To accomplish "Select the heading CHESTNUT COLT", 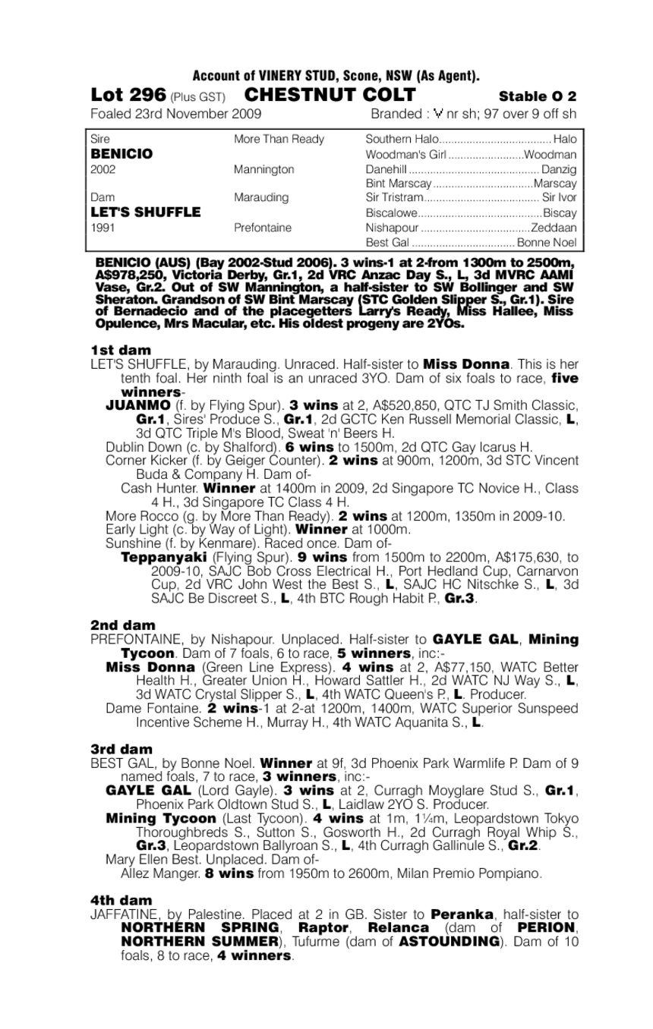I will [330, 95].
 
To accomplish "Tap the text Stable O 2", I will [538, 96].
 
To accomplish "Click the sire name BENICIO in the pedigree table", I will [121, 154].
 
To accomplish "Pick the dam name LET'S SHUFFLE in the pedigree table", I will [145, 212].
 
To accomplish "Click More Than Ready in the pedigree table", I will [279, 140].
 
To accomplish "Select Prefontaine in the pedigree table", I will [263, 228].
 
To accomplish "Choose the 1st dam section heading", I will [121, 350].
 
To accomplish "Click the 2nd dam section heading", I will [123, 625].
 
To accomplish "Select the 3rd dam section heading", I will [121, 749].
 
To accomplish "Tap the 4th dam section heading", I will [121, 901].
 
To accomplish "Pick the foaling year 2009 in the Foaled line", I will [246, 115].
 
